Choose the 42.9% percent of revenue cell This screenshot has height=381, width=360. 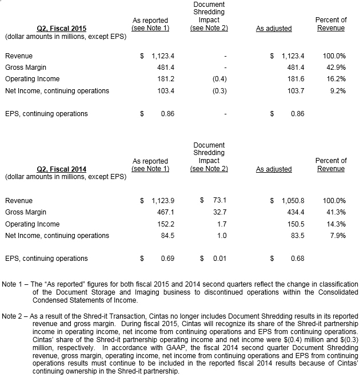point(335,68)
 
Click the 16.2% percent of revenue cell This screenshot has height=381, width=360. point(335,79)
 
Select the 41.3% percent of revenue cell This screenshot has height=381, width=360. point(335,212)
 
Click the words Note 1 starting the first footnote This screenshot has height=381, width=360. point(14,284)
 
